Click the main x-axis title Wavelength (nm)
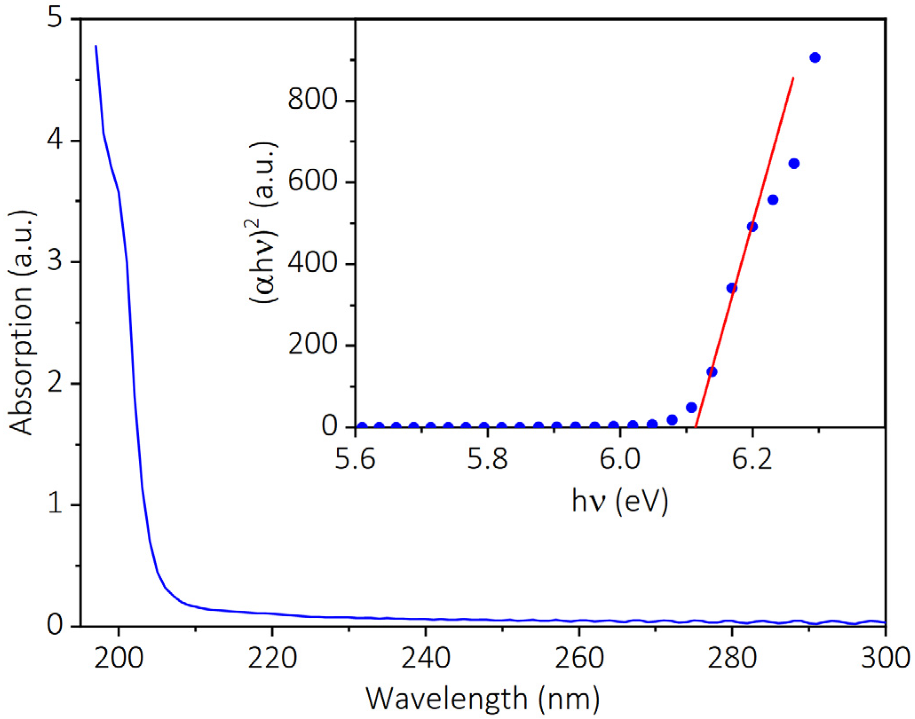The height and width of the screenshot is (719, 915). click(x=483, y=699)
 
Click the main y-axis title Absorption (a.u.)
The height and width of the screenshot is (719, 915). click(x=21, y=323)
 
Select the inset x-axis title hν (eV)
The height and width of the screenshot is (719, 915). click(x=620, y=502)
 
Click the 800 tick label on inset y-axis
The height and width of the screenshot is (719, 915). click(x=313, y=99)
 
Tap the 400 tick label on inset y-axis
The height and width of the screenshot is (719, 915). click(x=313, y=263)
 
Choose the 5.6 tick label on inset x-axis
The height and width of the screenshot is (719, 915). click(x=355, y=459)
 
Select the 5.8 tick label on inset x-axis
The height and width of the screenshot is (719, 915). click(x=487, y=459)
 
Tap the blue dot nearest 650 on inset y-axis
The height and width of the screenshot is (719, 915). click(x=794, y=164)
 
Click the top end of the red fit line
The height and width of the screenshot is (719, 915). click(x=793, y=78)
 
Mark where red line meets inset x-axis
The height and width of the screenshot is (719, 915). click(x=695, y=427)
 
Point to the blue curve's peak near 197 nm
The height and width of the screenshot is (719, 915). click(x=96, y=46)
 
